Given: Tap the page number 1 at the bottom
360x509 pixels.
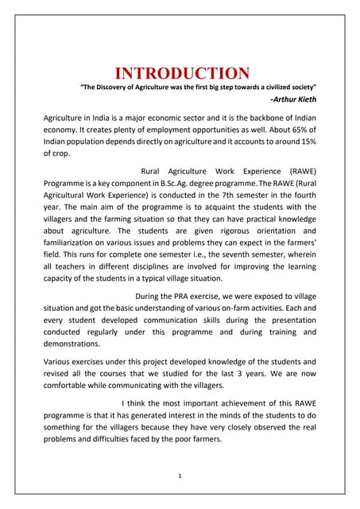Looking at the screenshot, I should pos(180,475).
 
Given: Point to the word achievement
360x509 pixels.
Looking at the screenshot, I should pos(240,406).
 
